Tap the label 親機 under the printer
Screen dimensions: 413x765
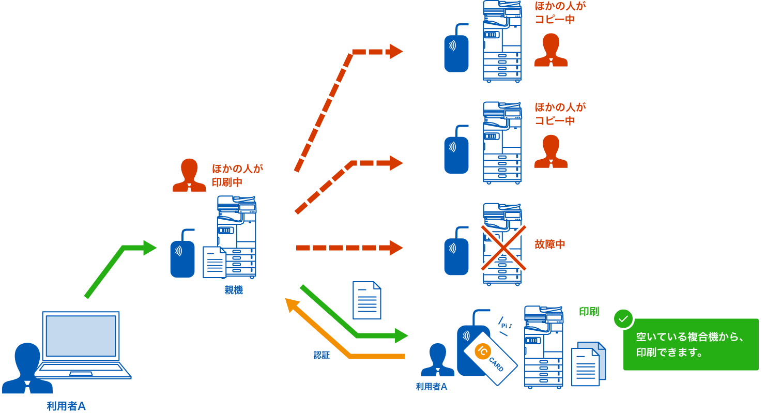(234, 290)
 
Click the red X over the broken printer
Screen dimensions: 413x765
(504, 248)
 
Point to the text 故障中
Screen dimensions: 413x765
(550, 244)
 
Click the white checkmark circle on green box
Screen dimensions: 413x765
(623, 319)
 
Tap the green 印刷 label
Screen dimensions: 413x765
(589, 312)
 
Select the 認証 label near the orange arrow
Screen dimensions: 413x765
(322, 356)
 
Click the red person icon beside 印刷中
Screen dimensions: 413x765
(189, 175)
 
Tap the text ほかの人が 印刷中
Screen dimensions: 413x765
(238, 175)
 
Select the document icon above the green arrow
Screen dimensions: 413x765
(366, 300)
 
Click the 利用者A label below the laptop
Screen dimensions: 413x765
(66, 406)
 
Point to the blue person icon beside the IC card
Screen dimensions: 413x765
(437, 360)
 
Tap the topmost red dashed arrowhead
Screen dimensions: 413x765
(396, 51)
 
